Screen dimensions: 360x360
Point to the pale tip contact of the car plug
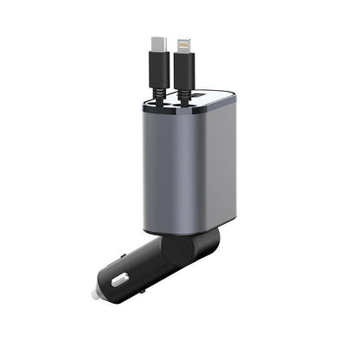93,294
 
